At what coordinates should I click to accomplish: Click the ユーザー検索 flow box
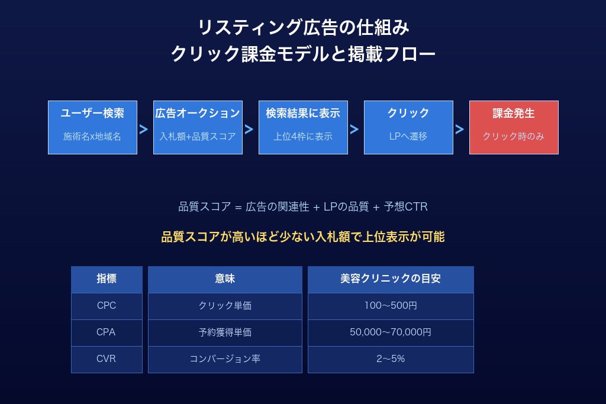pyautogui.click(x=92, y=127)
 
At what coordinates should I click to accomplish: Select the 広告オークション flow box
pyautogui.click(x=198, y=127)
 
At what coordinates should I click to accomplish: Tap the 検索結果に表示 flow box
pyautogui.click(x=303, y=127)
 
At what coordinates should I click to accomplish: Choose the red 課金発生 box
pyautogui.click(x=514, y=127)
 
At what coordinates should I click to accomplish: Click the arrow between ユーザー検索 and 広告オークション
pyautogui.click(x=144, y=130)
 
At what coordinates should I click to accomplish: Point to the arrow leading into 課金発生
pyautogui.click(x=460, y=130)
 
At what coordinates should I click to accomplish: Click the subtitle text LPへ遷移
pyautogui.click(x=408, y=136)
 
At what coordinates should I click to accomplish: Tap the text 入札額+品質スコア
pyautogui.click(x=198, y=136)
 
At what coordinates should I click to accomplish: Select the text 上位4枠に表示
pyautogui.click(x=303, y=136)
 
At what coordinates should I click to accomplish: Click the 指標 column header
pyautogui.click(x=107, y=279)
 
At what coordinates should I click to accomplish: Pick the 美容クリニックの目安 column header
pyautogui.click(x=391, y=279)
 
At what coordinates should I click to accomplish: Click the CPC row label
pyautogui.click(x=107, y=306)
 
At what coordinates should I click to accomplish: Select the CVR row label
pyautogui.click(x=107, y=358)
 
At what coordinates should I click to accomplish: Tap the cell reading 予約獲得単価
pyautogui.click(x=225, y=332)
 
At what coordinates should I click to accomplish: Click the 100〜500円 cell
pyautogui.click(x=391, y=306)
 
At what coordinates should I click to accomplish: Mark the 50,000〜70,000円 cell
pyautogui.click(x=391, y=332)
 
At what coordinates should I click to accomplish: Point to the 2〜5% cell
pyautogui.click(x=391, y=358)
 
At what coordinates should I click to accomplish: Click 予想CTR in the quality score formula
pyautogui.click(x=405, y=207)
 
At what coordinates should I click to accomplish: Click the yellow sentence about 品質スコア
pyautogui.click(x=303, y=237)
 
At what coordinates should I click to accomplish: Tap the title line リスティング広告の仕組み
pyautogui.click(x=303, y=27)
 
